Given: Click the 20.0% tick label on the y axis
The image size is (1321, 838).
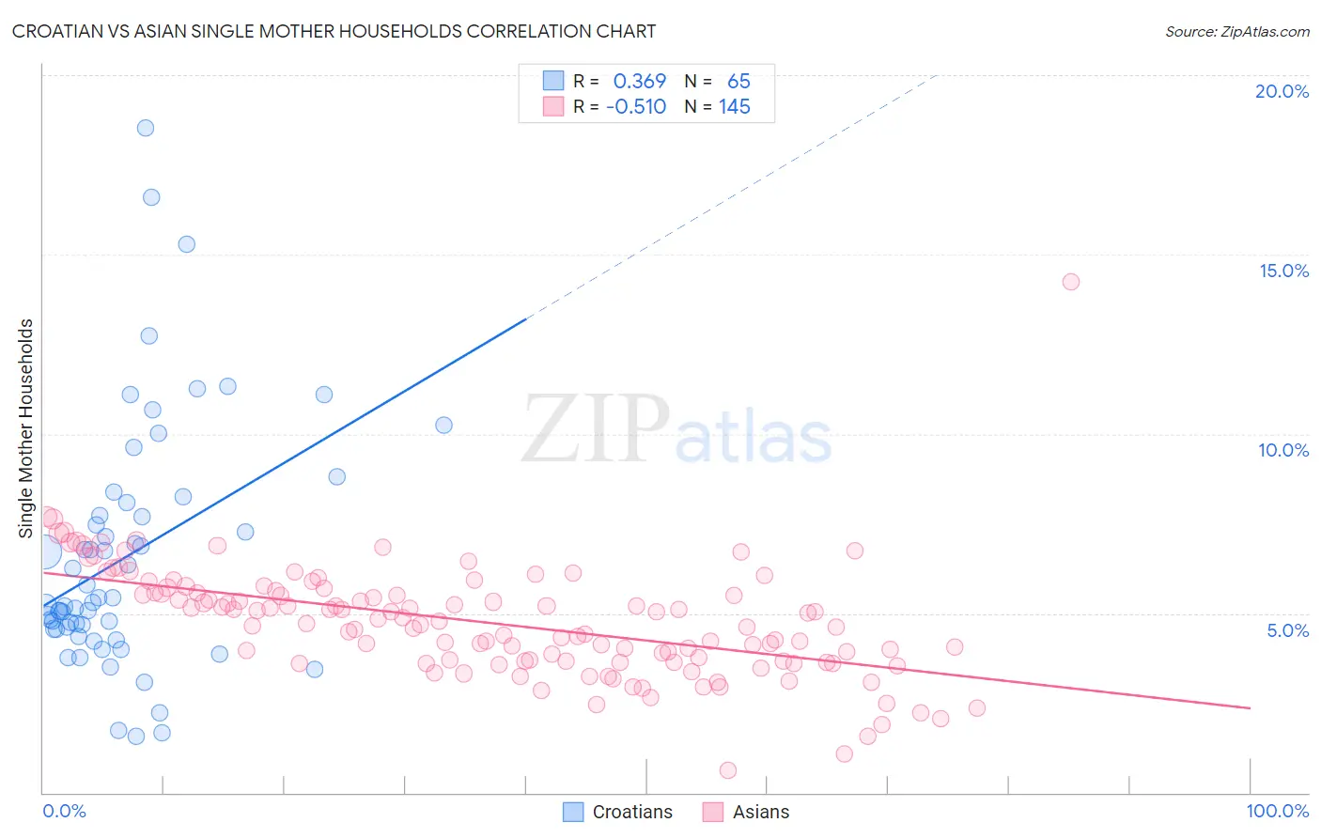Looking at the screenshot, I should (1282, 91).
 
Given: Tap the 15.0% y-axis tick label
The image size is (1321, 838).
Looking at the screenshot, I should (1283, 271).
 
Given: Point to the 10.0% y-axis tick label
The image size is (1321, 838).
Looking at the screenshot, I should (1283, 450).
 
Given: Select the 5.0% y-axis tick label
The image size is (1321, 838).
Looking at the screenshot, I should (1287, 630).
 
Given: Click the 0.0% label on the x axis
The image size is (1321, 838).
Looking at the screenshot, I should (64, 811).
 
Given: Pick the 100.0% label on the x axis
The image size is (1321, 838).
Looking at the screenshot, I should (1277, 811).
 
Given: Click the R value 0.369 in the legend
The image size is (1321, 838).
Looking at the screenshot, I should (639, 82).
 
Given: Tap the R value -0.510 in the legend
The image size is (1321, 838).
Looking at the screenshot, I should (636, 107).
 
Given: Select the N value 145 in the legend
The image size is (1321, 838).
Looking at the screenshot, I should (735, 107).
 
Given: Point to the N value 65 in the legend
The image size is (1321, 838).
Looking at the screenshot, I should (738, 82).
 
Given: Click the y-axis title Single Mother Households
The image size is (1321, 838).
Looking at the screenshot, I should (26, 428).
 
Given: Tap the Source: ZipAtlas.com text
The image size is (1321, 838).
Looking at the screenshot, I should (1236, 31).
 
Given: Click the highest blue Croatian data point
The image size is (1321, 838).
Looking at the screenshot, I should (146, 128).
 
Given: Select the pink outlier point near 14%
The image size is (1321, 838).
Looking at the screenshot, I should (1070, 282).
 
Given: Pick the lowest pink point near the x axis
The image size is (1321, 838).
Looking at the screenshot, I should (727, 770).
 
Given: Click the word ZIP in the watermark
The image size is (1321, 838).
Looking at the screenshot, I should (596, 429).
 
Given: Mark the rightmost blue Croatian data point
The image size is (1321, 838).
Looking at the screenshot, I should (443, 425).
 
